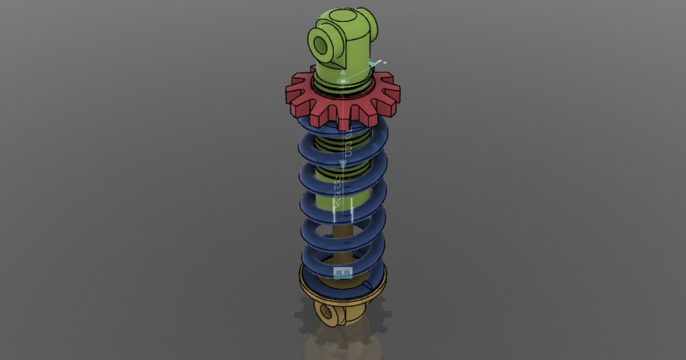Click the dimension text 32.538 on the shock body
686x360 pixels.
(338, 191)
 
